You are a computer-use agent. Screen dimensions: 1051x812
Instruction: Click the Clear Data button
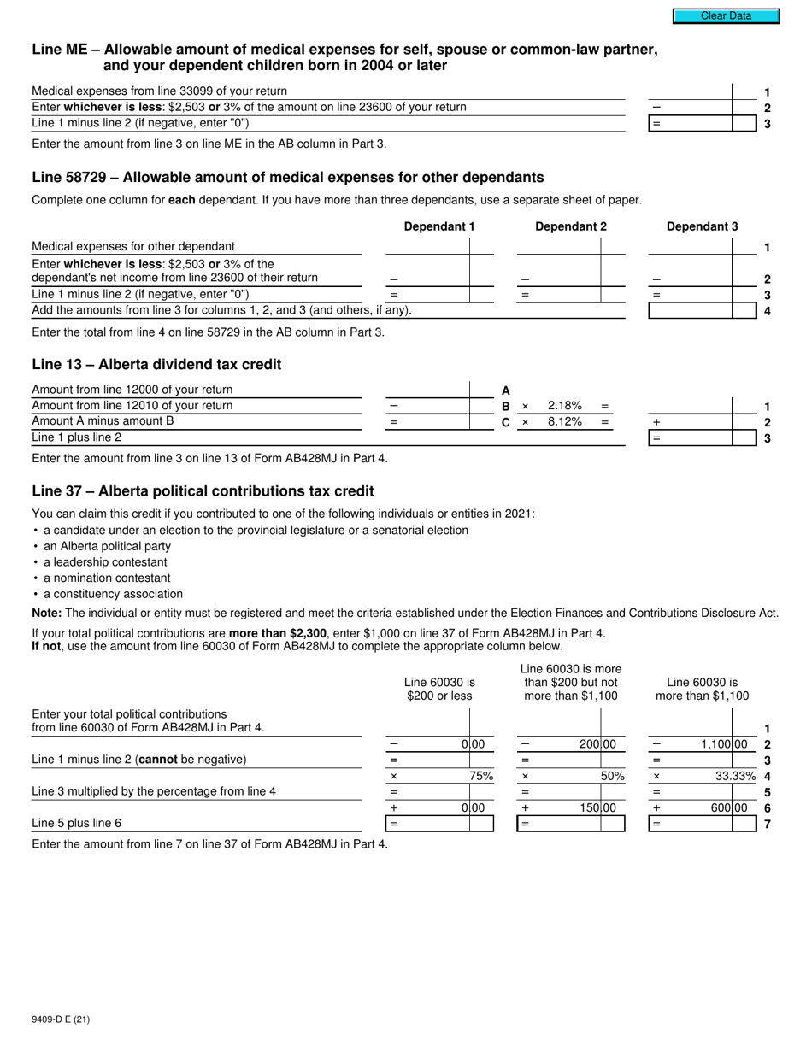(726, 15)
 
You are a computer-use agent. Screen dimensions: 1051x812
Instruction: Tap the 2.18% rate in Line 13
(564, 406)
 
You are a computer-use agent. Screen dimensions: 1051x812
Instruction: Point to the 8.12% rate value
(564, 421)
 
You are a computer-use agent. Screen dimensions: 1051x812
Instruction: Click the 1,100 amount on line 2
(723, 744)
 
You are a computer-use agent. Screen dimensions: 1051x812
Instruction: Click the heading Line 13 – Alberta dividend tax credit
(156, 365)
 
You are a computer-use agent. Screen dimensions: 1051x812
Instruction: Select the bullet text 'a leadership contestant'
(105, 562)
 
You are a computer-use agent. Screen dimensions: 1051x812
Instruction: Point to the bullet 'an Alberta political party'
(107, 546)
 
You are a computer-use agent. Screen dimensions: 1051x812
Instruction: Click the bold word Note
(46, 613)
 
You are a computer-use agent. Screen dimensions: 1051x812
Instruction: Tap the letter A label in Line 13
(505, 390)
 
